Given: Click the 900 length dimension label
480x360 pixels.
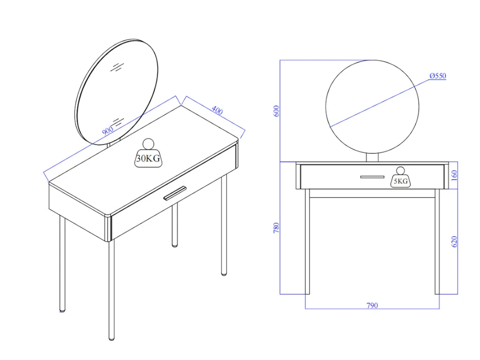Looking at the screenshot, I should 108,131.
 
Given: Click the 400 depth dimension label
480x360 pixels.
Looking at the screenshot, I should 217,111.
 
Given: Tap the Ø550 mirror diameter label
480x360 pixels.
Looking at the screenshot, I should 437,75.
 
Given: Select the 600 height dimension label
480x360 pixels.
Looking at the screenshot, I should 277,111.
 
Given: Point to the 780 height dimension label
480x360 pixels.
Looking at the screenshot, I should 277,228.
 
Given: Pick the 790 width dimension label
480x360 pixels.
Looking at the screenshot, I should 372,306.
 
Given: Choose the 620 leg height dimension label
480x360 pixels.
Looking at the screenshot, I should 454,242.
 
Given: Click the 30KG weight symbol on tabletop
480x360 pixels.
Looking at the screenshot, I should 148,153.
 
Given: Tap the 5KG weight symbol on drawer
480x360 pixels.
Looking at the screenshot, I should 400,178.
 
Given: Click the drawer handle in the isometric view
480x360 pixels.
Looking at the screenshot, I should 174,193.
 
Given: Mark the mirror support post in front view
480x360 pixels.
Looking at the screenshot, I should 372,157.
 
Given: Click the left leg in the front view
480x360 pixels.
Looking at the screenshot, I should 307,241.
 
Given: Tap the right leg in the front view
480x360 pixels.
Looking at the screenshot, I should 437,241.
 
